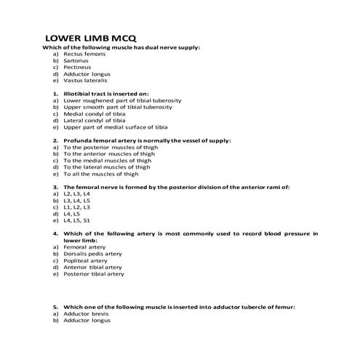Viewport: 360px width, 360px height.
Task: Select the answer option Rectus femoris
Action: (84, 54)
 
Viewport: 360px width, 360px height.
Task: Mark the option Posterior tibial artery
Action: (94, 274)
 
